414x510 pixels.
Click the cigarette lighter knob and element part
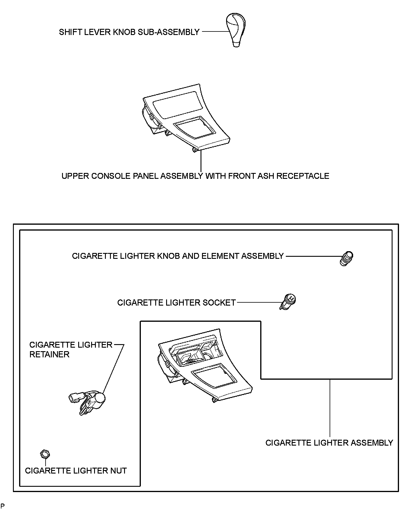pyautogui.click(x=346, y=259)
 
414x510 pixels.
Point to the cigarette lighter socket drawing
pyautogui.click(x=288, y=302)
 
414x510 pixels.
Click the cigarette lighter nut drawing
pyautogui.click(x=45, y=454)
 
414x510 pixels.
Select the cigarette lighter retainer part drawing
pyautogui.click(x=88, y=401)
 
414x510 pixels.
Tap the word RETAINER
pyautogui.click(x=49, y=354)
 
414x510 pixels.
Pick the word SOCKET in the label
pyautogui.click(x=219, y=303)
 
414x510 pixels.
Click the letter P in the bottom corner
pyautogui.click(x=3, y=506)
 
